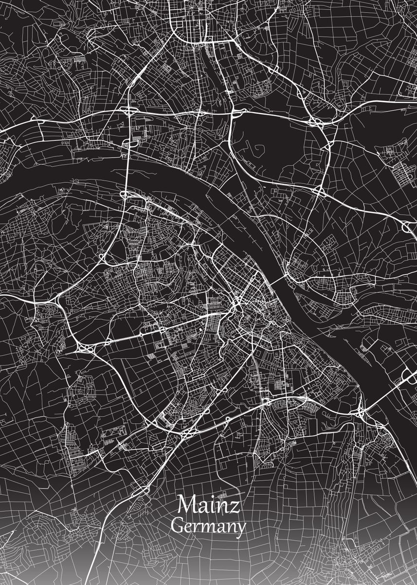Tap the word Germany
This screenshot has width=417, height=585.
209,527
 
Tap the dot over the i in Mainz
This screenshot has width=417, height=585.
211,499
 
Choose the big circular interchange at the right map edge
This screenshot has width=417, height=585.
408,226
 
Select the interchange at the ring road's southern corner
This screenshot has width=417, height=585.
187,431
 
